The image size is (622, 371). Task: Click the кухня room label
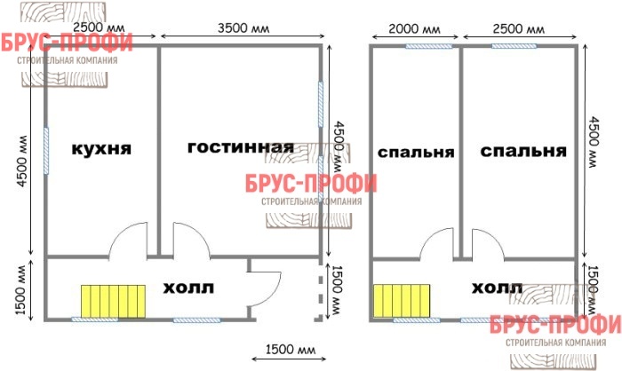point(101,149)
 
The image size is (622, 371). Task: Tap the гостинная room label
point(241,147)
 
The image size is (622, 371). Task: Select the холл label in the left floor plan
point(188,288)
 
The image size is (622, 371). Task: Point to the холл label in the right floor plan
point(497,288)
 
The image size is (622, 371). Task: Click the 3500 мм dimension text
point(243,28)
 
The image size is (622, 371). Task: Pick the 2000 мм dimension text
point(414,29)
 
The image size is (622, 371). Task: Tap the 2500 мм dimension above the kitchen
point(99,28)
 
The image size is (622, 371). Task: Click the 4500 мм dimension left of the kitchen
point(22,161)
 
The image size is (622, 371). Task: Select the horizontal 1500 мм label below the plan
point(291,349)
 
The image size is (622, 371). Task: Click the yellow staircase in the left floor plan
point(113,301)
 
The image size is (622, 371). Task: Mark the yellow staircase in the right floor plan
point(402,301)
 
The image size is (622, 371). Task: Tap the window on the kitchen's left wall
point(46,151)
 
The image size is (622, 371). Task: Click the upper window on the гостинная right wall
point(321,104)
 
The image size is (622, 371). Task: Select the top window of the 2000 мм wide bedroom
point(428,46)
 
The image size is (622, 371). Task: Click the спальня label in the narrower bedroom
point(416,152)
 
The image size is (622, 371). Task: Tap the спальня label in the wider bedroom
point(523,151)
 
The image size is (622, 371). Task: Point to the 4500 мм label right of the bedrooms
point(593,142)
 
